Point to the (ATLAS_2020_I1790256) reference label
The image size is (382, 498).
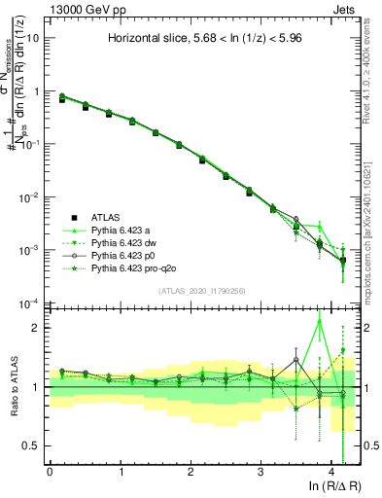coord(203,291)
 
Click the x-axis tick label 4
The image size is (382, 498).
coord(331,472)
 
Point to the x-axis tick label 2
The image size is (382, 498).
coord(191,472)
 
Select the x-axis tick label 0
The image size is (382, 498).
coord(50,472)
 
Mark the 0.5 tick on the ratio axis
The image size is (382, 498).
coord(32,445)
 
